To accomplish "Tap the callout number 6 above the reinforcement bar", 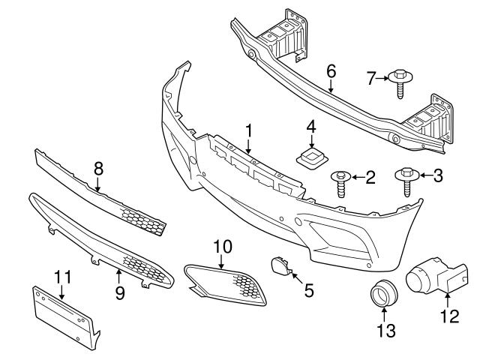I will coord(331,71).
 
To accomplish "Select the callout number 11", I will coord(64,277).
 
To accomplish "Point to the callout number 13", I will coord(385,329).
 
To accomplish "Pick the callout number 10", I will coord(223,245).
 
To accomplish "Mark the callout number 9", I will coord(119,293).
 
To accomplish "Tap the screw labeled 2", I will coord(341,182).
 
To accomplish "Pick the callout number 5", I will coord(309,288).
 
